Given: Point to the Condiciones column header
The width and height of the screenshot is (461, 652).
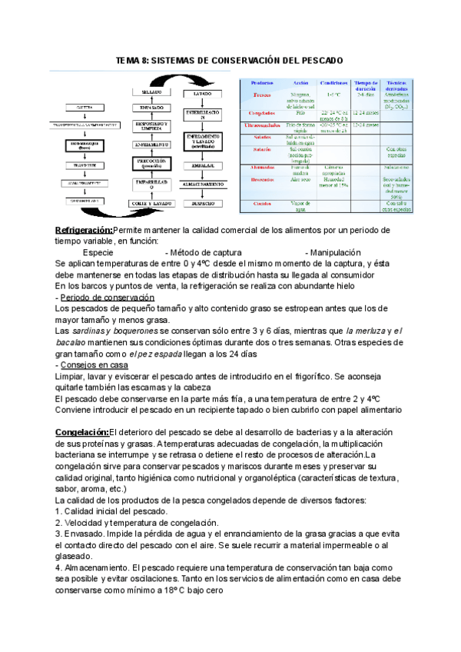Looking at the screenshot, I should (x=335, y=82).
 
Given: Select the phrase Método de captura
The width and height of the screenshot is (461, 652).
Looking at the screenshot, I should (x=204, y=252).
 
